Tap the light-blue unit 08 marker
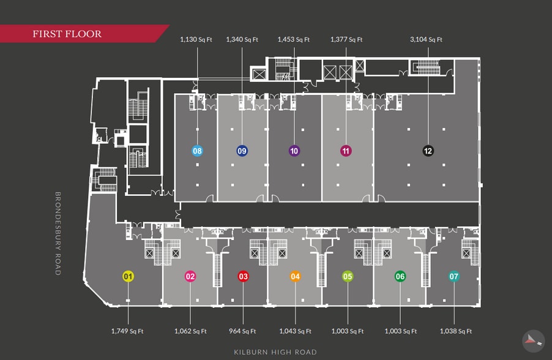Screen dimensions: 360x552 pyautogui.click(x=197, y=151)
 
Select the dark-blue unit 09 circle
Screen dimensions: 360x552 pyautogui.click(x=242, y=151)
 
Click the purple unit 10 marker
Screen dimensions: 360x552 pyautogui.click(x=294, y=151)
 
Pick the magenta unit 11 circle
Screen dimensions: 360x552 pyautogui.click(x=346, y=151)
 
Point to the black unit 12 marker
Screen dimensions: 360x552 pyautogui.click(x=428, y=151)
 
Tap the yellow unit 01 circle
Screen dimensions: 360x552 pyautogui.click(x=128, y=276)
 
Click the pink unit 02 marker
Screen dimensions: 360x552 pyautogui.click(x=190, y=276)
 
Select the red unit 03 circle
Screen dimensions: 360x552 pyautogui.click(x=243, y=276)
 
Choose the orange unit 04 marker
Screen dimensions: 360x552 pyautogui.click(x=295, y=276)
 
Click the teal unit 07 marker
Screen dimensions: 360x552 pyautogui.click(x=453, y=276)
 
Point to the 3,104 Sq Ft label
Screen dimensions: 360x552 pyautogui.click(x=426, y=40)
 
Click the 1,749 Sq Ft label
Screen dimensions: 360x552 pyautogui.click(x=127, y=331)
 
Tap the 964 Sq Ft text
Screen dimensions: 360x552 pyautogui.click(x=243, y=331)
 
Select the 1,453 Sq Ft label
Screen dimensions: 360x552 pyautogui.click(x=294, y=40)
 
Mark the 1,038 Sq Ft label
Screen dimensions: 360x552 pyautogui.click(x=455, y=331)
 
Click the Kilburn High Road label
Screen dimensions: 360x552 pyautogui.click(x=275, y=352)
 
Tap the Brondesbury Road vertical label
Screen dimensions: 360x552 pyautogui.click(x=58, y=233)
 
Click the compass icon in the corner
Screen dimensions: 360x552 pyautogui.click(x=533, y=340)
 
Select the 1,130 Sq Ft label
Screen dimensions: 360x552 pyautogui.click(x=196, y=40)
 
